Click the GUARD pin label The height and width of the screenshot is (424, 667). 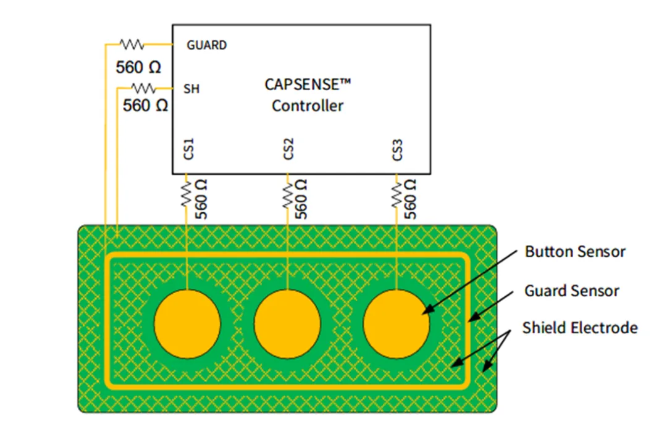(x=207, y=45)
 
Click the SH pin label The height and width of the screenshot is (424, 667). (x=191, y=89)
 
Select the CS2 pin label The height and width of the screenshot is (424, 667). (x=288, y=149)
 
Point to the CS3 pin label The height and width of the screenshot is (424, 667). (x=398, y=149)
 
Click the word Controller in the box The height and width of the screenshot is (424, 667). (x=308, y=106)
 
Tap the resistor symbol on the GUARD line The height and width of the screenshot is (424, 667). (x=132, y=44)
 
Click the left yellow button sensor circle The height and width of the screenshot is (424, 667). (x=187, y=323)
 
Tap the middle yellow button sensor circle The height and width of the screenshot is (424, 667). (x=287, y=323)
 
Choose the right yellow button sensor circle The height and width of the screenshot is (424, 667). (x=396, y=323)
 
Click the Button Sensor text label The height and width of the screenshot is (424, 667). (x=575, y=252)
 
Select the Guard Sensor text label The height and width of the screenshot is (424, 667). (x=572, y=290)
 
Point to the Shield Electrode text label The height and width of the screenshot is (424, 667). (x=579, y=328)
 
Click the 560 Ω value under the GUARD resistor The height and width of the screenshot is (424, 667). (x=138, y=67)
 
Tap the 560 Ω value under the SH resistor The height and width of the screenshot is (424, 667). (x=146, y=106)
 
